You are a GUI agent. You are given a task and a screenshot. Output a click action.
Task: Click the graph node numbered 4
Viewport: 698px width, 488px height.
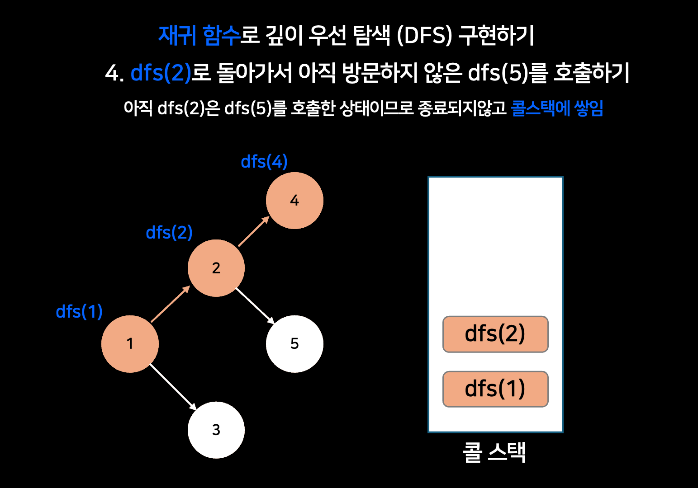(294, 201)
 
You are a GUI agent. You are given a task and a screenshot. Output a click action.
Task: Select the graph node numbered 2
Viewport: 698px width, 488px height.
(216, 268)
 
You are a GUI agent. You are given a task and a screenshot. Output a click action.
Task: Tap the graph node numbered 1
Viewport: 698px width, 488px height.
(130, 344)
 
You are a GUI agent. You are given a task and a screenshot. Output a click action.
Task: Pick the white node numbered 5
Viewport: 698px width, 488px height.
(294, 344)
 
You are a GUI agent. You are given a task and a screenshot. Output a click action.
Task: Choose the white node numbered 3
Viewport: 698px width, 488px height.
(216, 430)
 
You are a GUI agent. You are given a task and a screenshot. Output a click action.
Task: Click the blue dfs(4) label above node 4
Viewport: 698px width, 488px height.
(264, 161)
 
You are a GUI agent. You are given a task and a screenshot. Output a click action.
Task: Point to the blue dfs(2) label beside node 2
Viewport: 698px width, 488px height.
(169, 232)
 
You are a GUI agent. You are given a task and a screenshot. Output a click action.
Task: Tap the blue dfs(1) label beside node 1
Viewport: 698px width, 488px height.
(79, 311)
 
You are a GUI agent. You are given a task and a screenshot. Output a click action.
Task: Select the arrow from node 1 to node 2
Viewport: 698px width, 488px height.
(170, 304)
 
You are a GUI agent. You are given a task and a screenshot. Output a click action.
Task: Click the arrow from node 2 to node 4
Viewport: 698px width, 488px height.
(254, 231)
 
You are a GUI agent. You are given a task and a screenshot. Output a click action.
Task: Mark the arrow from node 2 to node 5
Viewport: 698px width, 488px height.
(255, 305)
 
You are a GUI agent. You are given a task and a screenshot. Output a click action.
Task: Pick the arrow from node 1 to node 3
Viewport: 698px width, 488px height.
(173, 387)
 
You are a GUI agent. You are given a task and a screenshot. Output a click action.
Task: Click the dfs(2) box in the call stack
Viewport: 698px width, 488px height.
(495, 334)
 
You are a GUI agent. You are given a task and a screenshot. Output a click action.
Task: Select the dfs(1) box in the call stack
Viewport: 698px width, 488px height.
(495, 389)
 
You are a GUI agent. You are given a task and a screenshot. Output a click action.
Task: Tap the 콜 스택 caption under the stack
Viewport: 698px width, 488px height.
(494, 452)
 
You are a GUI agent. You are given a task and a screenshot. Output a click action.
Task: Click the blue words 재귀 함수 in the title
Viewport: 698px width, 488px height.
(199, 35)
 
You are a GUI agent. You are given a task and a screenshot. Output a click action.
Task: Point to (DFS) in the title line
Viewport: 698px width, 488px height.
(424, 35)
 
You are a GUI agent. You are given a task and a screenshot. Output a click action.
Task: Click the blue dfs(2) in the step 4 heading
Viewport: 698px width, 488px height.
(161, 73)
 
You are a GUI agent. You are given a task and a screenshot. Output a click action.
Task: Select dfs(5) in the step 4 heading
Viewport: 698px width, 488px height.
(498, 73)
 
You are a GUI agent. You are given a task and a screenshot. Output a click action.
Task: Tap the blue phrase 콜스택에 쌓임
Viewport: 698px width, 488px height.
(557, 108)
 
